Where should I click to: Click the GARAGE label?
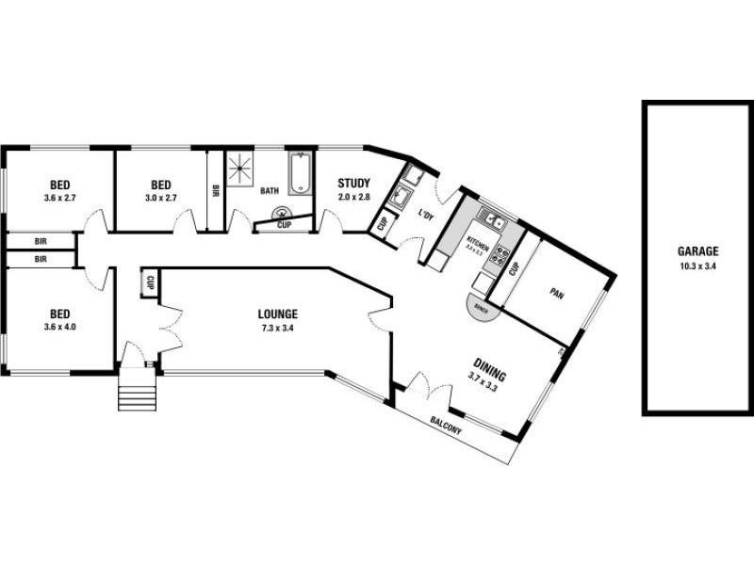pos(697,251)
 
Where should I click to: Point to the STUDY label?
pos(354,184)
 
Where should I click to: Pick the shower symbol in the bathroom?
pos(241,168)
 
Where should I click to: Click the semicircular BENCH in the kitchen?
pos(482,309)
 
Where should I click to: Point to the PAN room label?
pos(556,292)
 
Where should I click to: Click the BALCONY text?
pos(446,424)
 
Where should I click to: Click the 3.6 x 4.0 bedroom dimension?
pos(58,328)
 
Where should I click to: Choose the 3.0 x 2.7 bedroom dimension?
pos(161,198)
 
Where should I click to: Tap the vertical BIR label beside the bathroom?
pos(216,191)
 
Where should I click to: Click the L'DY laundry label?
pos(425,216)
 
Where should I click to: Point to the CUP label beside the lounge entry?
pos(150,282)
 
